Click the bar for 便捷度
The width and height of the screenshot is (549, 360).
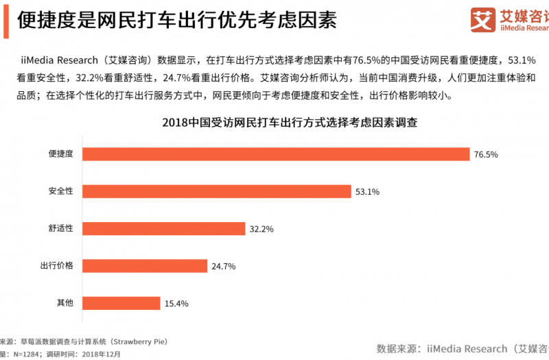[x=276, y=154]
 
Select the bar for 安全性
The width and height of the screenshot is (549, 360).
[x=217, y=191]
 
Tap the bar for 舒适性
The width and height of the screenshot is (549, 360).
[x=163, y=228]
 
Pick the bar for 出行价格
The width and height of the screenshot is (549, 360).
[x=144, y=265]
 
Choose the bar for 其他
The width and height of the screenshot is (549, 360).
[x=121, y=302]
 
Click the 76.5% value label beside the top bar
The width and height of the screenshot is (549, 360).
[x=486, y=154]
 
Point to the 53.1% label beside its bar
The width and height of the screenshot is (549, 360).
[x=368, y=191]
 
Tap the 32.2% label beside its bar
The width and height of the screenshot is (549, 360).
[x=261, y=228]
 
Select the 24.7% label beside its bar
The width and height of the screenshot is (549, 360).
[x=223, y=265]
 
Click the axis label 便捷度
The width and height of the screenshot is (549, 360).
[x=60, y=154]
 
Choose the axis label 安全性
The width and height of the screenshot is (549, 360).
[x=60, y=191]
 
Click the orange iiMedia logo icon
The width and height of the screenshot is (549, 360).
[x=483, y=19]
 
